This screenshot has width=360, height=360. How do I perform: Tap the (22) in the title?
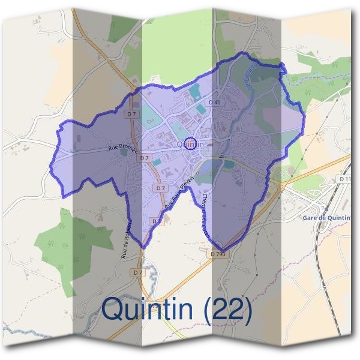(x=229, y=309)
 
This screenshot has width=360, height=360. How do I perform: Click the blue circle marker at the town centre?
(x=190, y=143)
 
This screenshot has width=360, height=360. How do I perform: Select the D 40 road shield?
(x=215, y=103)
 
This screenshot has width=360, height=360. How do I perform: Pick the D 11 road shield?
(x=344, y=179)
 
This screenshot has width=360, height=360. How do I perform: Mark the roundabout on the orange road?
(x=280, y=187)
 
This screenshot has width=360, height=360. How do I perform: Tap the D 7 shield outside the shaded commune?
(x=138, y=272)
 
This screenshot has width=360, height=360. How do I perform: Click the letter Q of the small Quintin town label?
(x=181, y=145)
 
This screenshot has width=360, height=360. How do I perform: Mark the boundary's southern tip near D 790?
(x=222, y=250)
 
